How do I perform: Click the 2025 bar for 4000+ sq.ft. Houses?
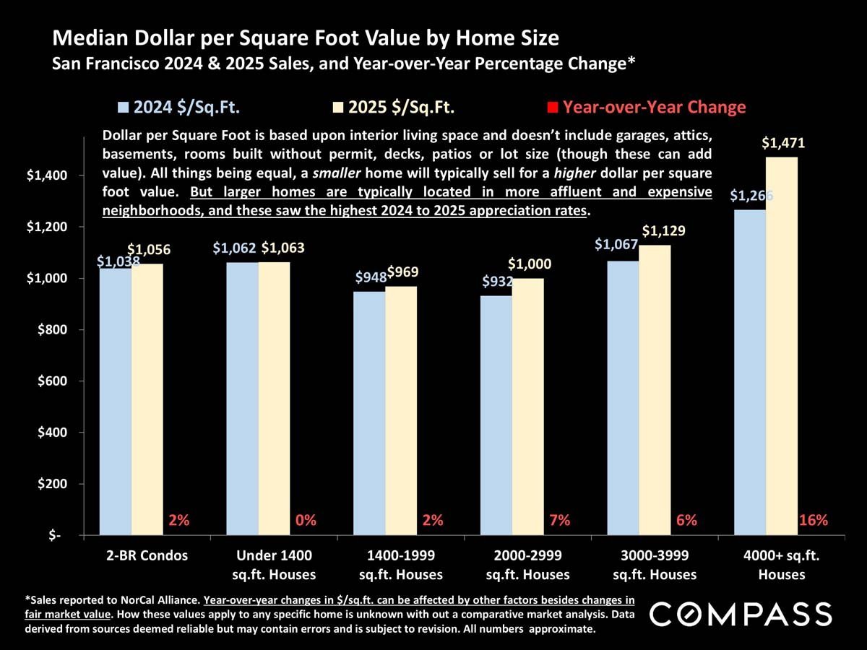click(x=782, y=347)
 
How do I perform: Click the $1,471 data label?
click(x=783, y=144)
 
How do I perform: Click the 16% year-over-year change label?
click(x=814, y=520)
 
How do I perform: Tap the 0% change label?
click(x=306, y=520)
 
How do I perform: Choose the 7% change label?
click(x=560, y=520)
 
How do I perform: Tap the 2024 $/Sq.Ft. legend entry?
click(x=178, y=108)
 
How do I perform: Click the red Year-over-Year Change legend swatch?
click(x=553, y=108)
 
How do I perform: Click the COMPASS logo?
click(x=741, y=615)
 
